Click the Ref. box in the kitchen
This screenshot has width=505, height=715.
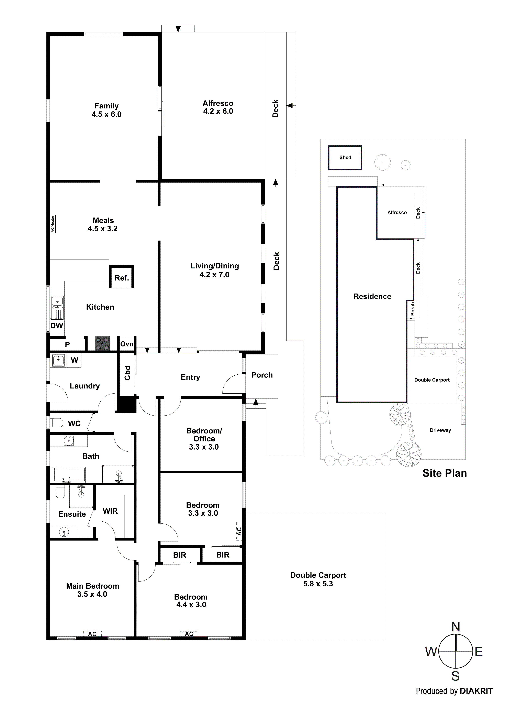[122, 277]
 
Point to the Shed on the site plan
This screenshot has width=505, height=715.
[345, 158]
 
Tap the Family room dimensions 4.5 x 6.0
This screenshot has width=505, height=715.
[106, 115]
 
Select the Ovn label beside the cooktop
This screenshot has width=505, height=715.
[127, 344]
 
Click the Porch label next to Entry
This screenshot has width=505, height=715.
[262, 375]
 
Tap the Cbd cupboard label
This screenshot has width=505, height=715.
[127, 373]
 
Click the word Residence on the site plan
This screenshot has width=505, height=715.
[372, 297]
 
